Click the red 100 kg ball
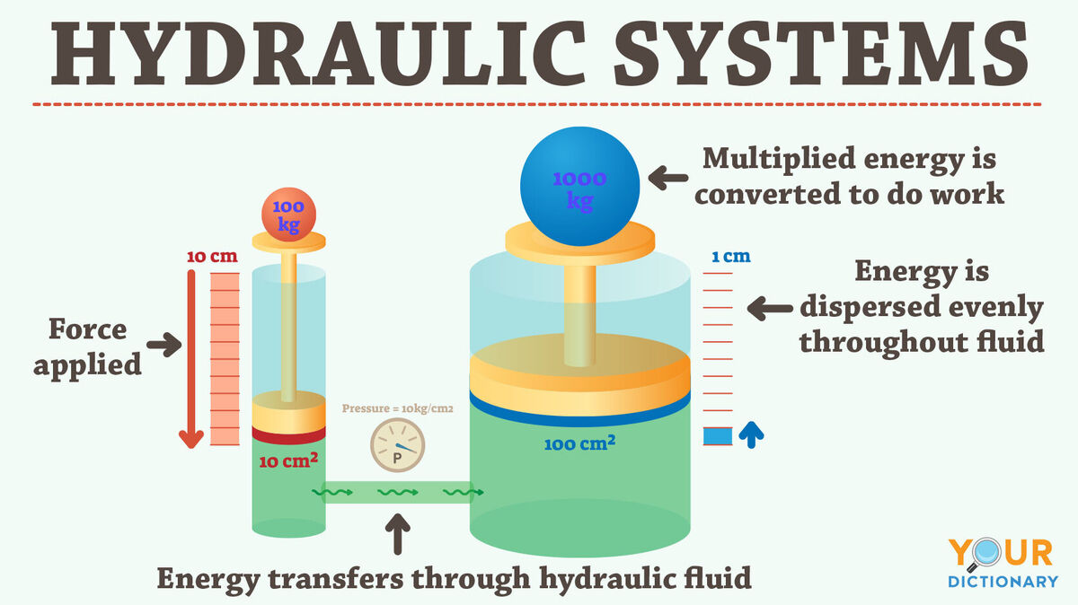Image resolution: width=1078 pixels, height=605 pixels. [x=288, y=215]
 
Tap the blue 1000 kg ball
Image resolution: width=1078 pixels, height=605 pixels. [x=580, y=187]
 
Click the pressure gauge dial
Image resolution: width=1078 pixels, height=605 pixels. [x=397, y=445]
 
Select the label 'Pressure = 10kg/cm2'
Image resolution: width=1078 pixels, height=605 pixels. [x=397, y=408]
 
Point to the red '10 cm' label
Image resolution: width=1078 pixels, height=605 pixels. [x=212, y=257]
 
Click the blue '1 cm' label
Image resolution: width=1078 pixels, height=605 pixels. [x=731, y=257]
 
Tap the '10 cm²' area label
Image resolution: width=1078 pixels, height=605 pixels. [x=288, y=460]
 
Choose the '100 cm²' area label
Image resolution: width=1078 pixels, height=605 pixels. [x=580, y=443]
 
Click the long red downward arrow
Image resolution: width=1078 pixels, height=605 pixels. [x=191, y=359]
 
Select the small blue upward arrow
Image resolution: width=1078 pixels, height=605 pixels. [x=751, y=434]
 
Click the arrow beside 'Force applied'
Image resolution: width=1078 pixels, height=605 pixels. [x=164, y=345]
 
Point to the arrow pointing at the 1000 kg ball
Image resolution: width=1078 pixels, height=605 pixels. [x=668, y=178]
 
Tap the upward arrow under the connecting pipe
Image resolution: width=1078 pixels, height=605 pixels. [x=398, y=534]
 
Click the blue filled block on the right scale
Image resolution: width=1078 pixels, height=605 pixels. [x=718, y=436]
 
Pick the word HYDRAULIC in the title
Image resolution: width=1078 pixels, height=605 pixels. [x=319, y=53]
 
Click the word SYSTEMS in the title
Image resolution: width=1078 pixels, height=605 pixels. [x=821, y=53]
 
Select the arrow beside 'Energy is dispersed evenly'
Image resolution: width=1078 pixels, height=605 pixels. [x=770, y=308]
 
